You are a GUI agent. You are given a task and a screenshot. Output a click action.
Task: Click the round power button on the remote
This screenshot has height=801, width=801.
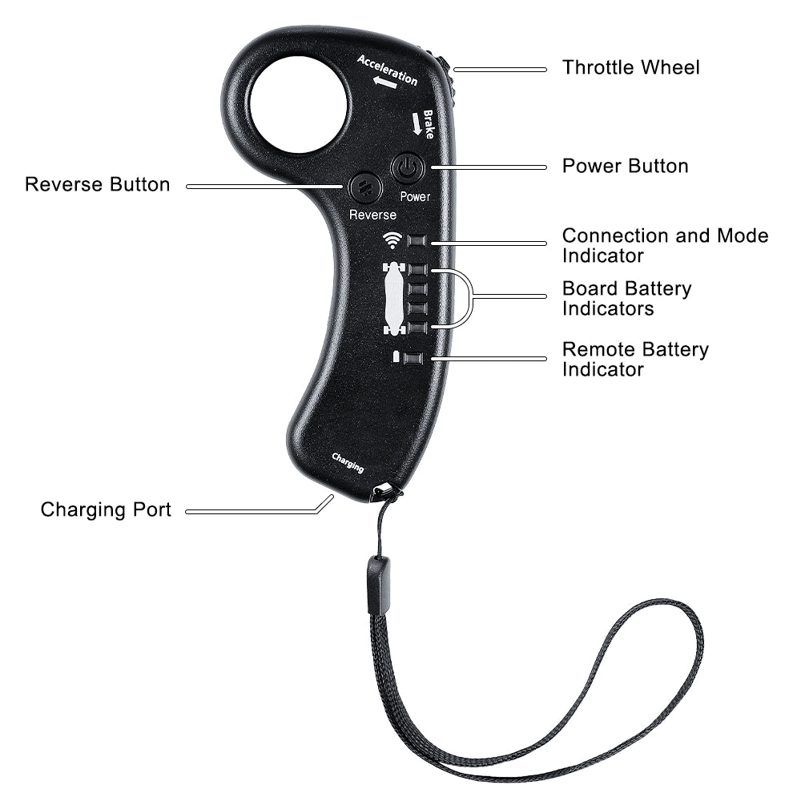coord(407,167)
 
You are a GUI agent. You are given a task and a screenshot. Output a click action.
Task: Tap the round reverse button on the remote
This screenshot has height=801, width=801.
coord(365,187)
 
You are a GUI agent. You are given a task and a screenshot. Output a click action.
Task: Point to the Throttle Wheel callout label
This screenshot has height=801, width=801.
coord(631,67)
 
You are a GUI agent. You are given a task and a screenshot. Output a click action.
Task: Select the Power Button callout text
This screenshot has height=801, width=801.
coord(626,166)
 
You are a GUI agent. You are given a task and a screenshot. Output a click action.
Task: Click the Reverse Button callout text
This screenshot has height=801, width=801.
coord(97,184)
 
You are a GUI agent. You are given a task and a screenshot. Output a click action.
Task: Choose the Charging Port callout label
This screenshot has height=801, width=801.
coord(106,509)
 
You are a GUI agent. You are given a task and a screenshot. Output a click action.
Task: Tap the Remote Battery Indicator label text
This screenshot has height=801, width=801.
coord(635,359)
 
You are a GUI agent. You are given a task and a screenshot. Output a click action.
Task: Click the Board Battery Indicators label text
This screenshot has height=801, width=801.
coord(627,298)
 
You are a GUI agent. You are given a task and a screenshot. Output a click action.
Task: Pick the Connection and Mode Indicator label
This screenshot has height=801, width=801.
coord(665,245)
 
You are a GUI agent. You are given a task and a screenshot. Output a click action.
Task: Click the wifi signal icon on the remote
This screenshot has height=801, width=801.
coord(392,239)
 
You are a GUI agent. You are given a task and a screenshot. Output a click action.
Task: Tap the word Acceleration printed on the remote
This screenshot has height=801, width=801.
coord(387,70)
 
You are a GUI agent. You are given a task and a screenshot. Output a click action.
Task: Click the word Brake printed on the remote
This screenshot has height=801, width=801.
coord(428,124)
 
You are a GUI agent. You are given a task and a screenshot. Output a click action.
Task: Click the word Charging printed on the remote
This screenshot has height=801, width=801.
coord(348,463)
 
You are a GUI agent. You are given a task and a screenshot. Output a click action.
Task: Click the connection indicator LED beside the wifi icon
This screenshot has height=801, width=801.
coord(417,240)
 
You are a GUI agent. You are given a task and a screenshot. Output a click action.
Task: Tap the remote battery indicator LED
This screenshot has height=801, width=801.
coord(413,358)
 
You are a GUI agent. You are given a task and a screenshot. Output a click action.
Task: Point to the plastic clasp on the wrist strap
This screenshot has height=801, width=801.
coord(379,586)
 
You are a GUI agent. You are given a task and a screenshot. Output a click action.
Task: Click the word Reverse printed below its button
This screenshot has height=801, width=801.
coord(372,215)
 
